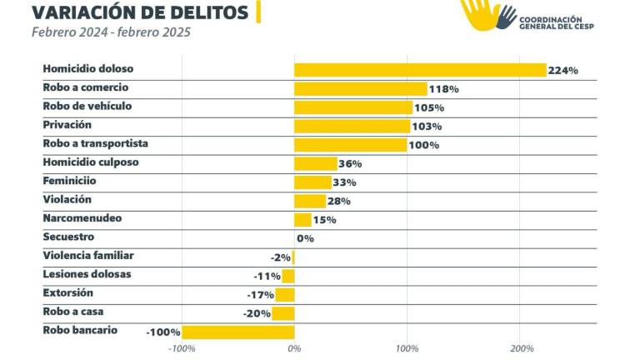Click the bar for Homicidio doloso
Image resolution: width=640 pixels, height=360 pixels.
(420, 70)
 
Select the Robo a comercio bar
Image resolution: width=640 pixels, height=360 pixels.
(361, 88)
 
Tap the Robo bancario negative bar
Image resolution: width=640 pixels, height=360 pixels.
(238, 332)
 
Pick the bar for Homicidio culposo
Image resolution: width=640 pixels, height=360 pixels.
(316, 163)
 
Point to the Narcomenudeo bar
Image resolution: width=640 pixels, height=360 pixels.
(302, 220)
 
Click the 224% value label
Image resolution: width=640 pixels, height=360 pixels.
(563, 71)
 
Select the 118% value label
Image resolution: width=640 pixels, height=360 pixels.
(444, 89)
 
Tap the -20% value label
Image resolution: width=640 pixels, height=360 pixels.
(257, 313)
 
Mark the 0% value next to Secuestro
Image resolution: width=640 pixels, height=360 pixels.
(305, 238)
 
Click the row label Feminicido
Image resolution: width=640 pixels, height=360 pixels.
(70, 181)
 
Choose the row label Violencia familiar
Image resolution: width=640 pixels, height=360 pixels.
(88, 256)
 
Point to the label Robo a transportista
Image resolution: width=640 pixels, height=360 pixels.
(95, 143)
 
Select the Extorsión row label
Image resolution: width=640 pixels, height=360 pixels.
(68, 293)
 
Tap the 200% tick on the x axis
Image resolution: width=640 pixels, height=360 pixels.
(521, 348)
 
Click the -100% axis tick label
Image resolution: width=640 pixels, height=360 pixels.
(182, 348)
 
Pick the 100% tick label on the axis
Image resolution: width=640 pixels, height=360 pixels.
(407, 348)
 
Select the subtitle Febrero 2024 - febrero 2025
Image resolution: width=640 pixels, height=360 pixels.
(111, 32)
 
